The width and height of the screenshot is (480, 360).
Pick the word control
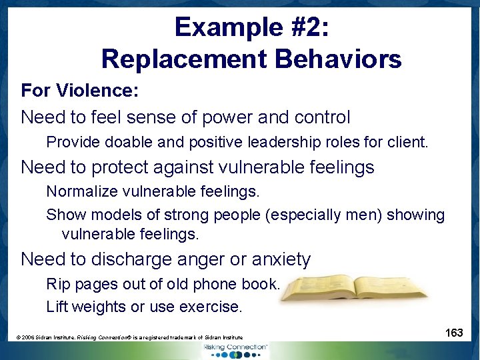click(316, 117)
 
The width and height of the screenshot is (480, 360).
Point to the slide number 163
click(454, 333)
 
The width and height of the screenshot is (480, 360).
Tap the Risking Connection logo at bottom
click(235, 350)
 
